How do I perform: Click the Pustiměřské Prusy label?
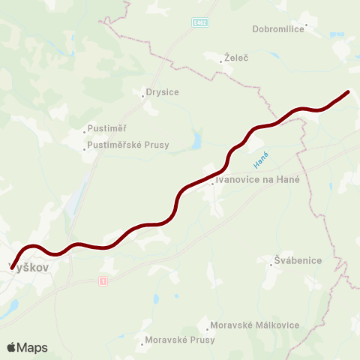pos(128,145)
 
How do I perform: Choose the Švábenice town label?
pos(298,260)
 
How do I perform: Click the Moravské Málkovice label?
pos(255,325)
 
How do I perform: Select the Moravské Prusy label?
pos(180,340)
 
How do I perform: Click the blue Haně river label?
pos(261,159)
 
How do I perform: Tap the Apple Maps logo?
pos(27,347)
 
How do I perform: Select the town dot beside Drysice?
pos(142,95)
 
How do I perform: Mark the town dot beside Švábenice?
pos(271,264)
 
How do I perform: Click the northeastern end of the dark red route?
pos(347,92)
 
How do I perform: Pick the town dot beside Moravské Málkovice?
pos(208,328)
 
